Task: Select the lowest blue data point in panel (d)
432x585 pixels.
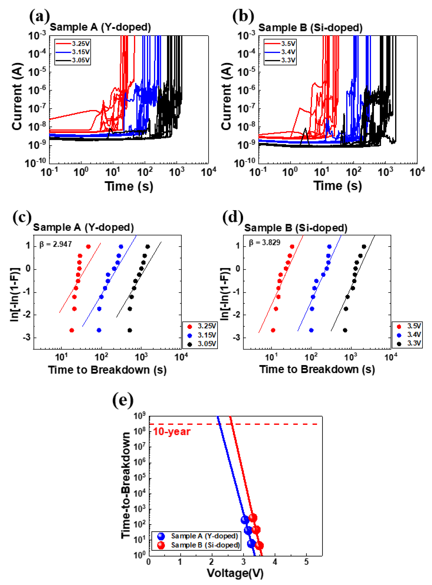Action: click(x=311, y=330)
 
